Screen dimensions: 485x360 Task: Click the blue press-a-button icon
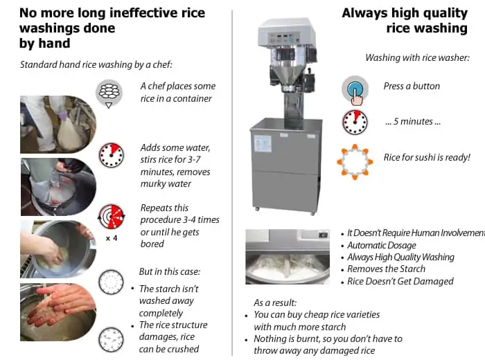355,90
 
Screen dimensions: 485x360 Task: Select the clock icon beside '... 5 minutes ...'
355,123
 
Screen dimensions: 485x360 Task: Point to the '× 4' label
112,238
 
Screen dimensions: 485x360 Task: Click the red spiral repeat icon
112,216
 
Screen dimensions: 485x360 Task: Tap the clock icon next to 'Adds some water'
111,155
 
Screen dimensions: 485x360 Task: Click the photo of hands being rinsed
58,312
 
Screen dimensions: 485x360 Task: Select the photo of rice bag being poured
58,125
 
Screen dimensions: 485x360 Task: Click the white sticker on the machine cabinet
263,144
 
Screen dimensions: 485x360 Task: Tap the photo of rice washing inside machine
288,256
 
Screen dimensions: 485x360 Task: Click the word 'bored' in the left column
152,244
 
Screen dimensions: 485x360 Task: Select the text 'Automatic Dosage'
382,245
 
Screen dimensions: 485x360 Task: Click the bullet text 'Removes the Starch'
386,269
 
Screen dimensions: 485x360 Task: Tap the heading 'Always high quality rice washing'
405,20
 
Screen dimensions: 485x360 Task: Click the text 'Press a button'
412,86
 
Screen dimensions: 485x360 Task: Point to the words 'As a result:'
275,303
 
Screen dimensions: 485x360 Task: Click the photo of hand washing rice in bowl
58,249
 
